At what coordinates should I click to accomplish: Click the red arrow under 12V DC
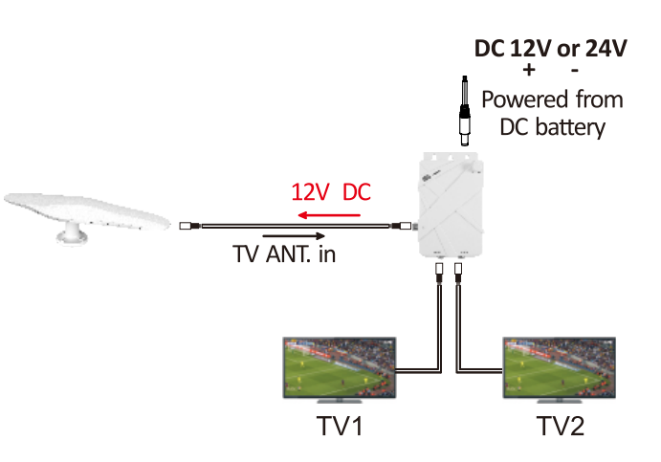point(329,215)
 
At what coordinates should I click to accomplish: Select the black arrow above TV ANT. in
point(294,235)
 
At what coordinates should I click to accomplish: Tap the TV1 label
point(340,426)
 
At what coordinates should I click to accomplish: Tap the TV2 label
point(561,426)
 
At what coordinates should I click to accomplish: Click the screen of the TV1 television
point(340,367)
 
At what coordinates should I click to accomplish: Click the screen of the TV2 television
point(560,367)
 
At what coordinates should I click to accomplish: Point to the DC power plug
point(465,111)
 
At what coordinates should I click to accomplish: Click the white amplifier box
point(451,205)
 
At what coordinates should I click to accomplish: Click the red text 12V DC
point(331,192)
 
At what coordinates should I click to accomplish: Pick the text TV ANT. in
point(284,253)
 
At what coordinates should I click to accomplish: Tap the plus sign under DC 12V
point(529,70)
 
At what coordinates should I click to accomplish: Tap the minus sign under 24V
point(575,71)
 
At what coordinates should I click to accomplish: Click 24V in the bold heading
point(606,48)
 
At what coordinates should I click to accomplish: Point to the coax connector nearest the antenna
point(189,226)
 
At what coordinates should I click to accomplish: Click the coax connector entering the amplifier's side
point(402,226)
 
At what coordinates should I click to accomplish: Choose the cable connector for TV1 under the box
point(439,274)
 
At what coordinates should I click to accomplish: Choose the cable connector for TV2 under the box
point(458,274)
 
